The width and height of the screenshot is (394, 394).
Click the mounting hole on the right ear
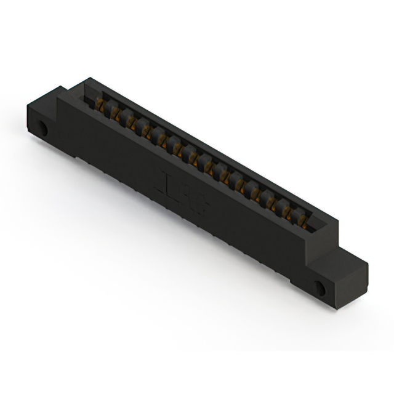click(321, 287)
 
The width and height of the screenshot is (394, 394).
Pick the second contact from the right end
click(287, 209)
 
